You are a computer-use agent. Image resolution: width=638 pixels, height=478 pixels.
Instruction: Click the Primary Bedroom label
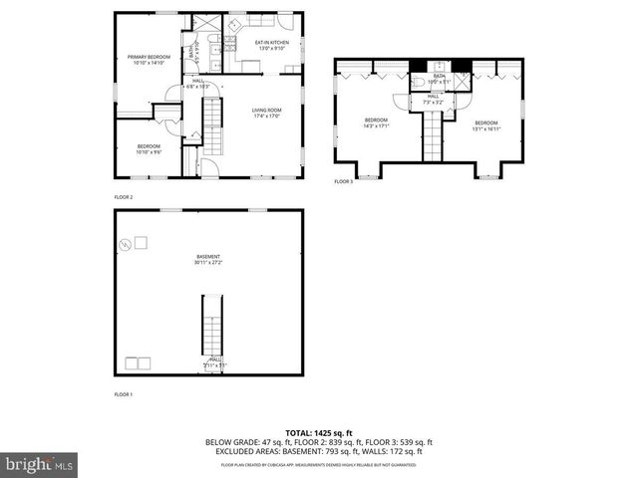click(150, 60)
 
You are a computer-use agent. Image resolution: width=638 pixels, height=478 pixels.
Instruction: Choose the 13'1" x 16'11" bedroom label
click(485, 125)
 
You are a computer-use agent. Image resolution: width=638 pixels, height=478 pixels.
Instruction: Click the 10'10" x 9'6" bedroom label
click(149, 149)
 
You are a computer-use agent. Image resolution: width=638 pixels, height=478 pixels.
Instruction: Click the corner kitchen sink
click(228, 41)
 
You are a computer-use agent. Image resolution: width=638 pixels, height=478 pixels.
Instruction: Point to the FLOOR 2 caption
click(124, 197)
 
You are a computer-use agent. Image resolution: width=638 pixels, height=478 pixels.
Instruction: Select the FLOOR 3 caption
click(343, 181)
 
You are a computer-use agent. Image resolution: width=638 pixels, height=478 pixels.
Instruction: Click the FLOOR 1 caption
click(124, 394)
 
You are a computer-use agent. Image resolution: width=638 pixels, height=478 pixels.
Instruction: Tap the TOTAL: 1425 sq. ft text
click(318, 433)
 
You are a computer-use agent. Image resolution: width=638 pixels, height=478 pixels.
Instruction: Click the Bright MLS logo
click(39, 464)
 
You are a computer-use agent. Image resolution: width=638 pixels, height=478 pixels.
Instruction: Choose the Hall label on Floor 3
click(433, 99)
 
